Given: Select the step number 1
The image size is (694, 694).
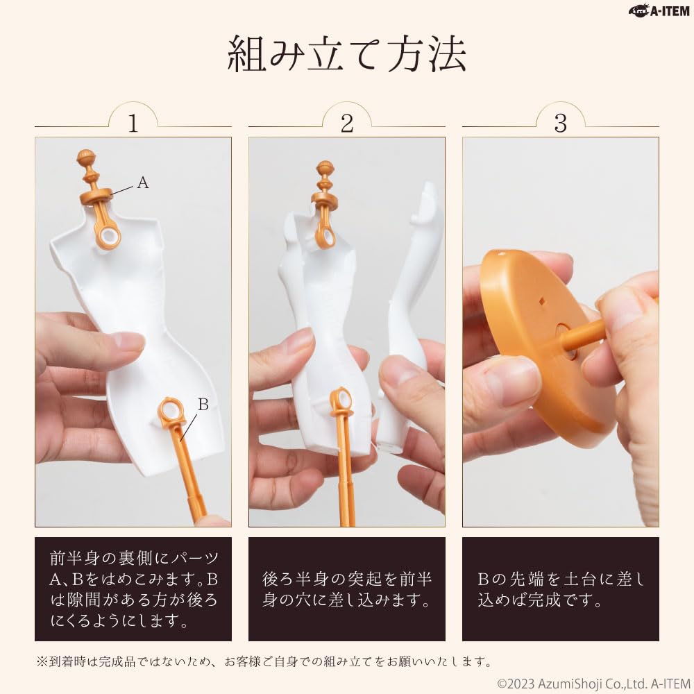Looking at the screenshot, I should (133, 124).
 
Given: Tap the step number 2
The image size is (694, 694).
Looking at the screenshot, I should (347, 124).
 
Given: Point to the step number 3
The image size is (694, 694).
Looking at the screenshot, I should (560, 124).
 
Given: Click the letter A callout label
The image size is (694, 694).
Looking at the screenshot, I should (143, 183).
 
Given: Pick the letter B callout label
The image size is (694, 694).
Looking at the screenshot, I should (203, 404).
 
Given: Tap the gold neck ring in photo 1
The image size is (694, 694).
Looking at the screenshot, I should (96, 196).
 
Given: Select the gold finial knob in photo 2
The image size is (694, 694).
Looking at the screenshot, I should (325, 169).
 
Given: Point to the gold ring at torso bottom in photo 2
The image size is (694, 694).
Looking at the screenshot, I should (341, 400).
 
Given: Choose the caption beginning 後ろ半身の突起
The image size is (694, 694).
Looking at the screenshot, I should (347, 589).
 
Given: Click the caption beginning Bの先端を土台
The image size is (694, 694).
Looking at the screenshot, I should (560, 589).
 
